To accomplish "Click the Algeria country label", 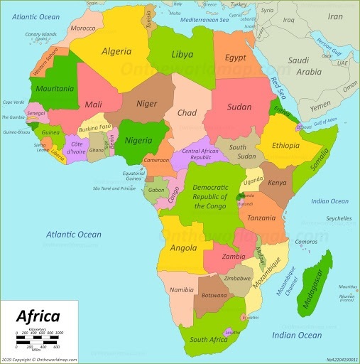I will (x=117, y=52).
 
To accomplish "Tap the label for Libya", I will (x=182, y=54).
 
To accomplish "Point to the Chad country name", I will (x=186, y=113).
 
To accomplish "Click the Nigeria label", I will (x=138, y=140).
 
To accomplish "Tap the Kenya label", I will (x=277, y=183).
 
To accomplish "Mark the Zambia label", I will (x=233, y=256).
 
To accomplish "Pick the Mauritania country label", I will (x=53, y=89).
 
